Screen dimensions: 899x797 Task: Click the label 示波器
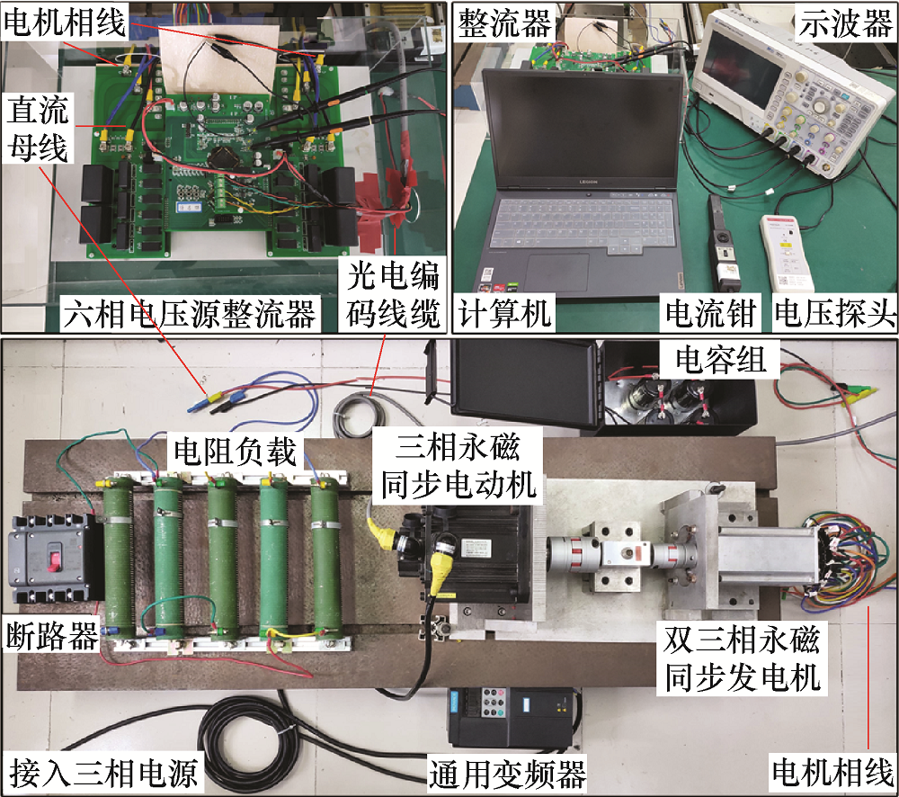coord(846,23)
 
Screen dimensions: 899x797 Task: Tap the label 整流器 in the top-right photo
coord(504,23)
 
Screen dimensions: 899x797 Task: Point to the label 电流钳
coord(710,313)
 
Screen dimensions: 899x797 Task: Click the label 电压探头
coord(834,313)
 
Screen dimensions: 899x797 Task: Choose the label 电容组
coord(720,360)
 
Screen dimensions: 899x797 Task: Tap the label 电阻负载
coord(235,451)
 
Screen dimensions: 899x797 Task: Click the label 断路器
coord(51,636)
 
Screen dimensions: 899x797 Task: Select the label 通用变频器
coord(507,774)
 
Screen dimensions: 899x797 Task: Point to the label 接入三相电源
coord(103,773)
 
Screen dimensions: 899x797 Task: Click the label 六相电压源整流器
coord(189,313)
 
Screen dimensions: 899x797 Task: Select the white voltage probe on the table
coord(788,252)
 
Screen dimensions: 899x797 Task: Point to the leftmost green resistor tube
coord(119,557)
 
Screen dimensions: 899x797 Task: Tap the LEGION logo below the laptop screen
coord(588,182)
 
